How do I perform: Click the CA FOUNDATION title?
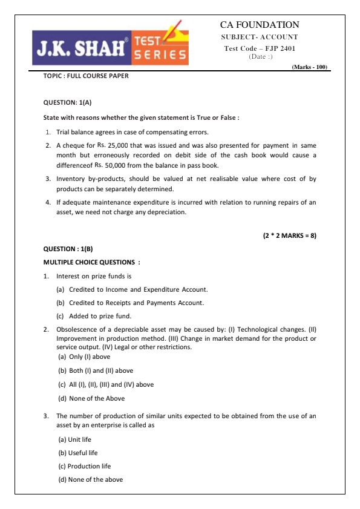coord(260,25)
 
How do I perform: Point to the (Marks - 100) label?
coord(309,67)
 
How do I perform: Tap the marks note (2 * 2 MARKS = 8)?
coord(289,235)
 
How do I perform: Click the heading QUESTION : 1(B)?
coord(68,249)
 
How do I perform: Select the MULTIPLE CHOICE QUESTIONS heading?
coord(92,262)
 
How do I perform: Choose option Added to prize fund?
coord(100,316)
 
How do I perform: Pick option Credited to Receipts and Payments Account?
coord(136,303)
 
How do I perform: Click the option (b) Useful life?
coord(78,453)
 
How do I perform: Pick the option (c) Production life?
coord(85,466)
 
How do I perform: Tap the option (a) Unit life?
coord(74,439)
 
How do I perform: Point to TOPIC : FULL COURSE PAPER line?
coord(86,76)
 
